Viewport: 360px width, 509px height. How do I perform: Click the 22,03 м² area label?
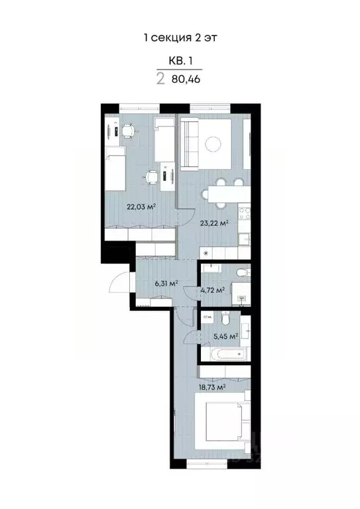coord(141,207)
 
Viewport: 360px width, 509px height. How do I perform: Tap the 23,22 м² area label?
coord(214,223)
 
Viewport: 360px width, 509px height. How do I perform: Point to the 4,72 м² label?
coord(213,290)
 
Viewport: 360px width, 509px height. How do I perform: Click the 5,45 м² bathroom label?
coord(226,336)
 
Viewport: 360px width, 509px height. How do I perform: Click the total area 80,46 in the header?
coord(186,79)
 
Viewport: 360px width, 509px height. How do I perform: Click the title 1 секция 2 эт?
coord(180,38)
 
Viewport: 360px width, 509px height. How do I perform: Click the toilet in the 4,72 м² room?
coord(242,271)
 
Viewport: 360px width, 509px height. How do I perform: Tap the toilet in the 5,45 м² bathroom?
coord(226,321)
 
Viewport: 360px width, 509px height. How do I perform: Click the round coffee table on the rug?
coord(213,143)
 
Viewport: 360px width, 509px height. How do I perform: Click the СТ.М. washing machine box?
coord(207,319)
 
